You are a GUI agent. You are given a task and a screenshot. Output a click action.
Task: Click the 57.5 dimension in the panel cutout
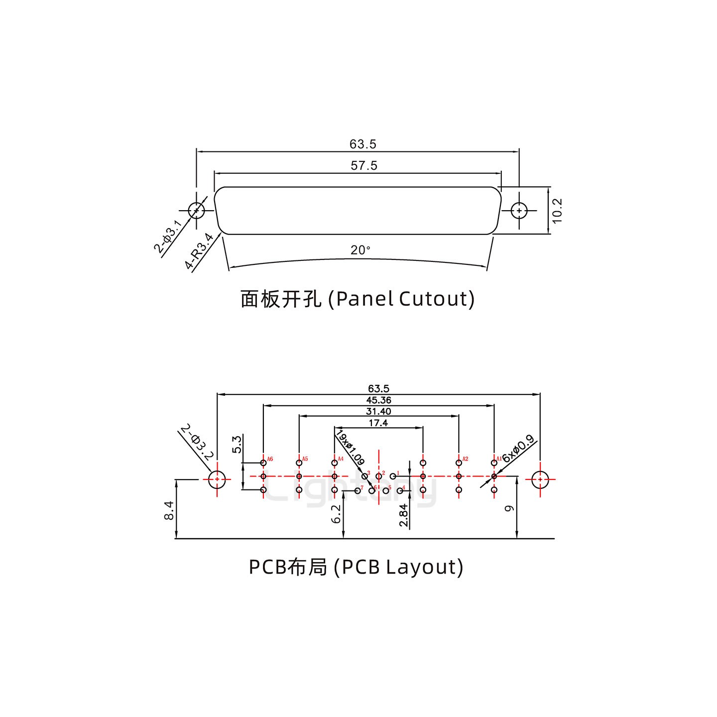[x=364, y=166]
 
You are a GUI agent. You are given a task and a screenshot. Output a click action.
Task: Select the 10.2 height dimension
[x=557, y=210]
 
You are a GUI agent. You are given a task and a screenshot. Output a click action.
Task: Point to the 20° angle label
[x=360, y=250]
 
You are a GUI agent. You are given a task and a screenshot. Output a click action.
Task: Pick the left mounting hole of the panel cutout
[x=197, y=211]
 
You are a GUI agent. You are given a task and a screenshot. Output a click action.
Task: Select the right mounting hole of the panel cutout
[x=519, y=211]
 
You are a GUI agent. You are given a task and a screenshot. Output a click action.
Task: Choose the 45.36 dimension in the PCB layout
[x=378, y=400]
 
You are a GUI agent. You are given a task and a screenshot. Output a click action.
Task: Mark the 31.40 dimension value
[x=378, y=411]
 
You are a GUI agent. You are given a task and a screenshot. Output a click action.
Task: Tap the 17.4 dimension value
[x=378, y=423]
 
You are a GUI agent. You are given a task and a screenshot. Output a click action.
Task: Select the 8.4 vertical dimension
[x=169, y=511]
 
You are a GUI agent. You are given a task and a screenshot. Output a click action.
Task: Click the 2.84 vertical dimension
[x=403, y=515]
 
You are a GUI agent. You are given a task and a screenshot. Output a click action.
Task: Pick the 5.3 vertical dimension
[x=237, y=444]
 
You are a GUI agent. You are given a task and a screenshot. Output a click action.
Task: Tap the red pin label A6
[x=270, y=459]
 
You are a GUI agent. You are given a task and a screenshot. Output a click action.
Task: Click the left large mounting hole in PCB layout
[x=217, y=480]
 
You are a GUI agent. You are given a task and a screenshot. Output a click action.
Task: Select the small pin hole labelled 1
[x=393, y=476]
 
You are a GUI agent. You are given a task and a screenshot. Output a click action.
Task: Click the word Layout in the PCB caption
[x=424, y=567]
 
